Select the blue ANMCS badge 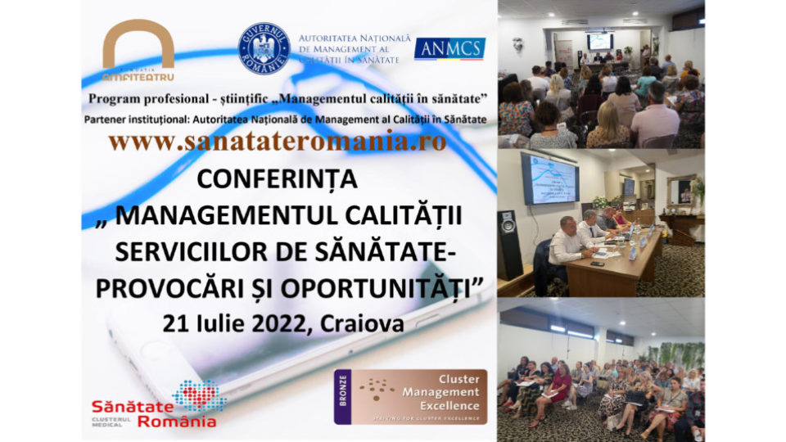449,48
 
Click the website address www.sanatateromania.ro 278,141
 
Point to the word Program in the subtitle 123,99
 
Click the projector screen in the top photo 599,41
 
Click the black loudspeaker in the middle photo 510,245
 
